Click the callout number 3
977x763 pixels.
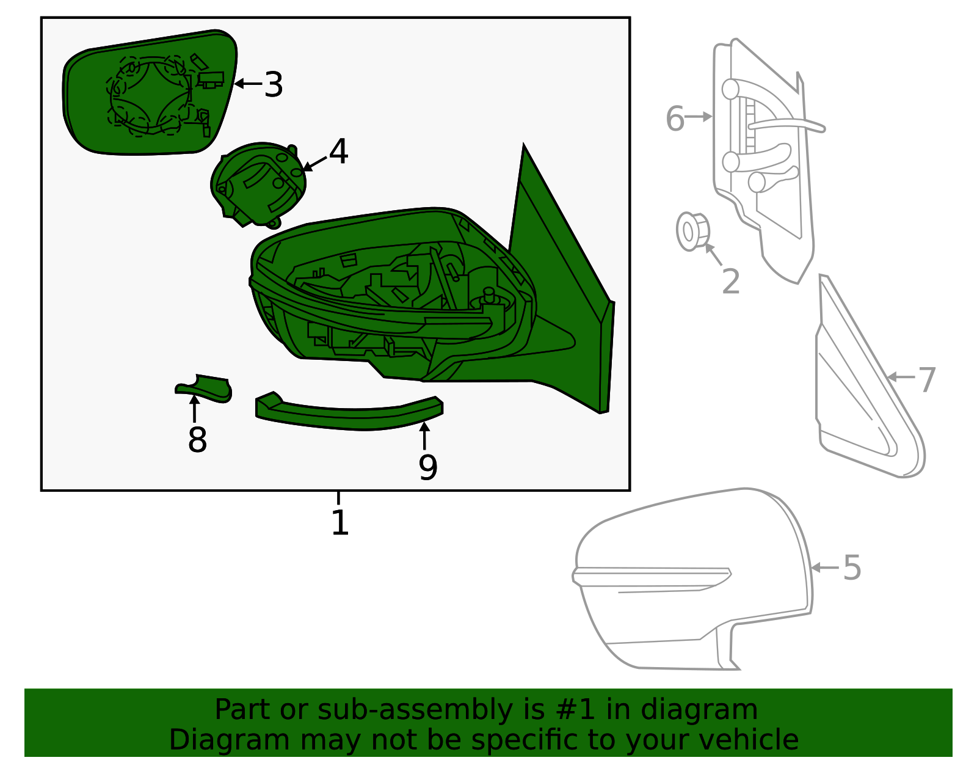tap(274, 84)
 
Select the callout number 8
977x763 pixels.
tap(197, 440)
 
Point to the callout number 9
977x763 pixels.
tap(428, 468)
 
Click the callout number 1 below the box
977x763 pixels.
tap(340, 523)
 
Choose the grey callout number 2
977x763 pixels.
tap(730, 282)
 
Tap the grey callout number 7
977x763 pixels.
tap(927, 380)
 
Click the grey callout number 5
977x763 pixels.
tap(852, 568)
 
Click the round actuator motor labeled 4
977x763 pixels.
tap(260, 183)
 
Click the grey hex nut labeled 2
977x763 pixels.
tap(692, 231)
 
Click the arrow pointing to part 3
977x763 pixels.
tap(247, 84)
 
